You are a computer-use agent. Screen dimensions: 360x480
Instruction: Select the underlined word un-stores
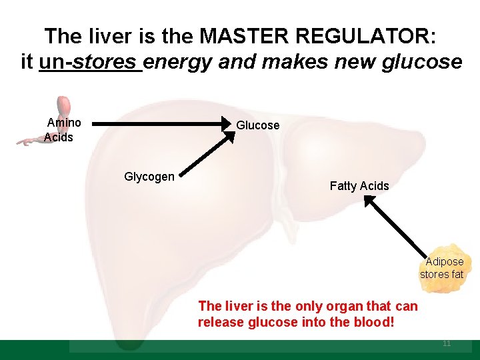91,63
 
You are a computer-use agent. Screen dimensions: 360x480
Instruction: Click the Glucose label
258,125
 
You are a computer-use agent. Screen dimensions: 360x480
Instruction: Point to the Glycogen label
149,177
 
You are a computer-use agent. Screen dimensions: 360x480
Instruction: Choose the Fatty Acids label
359,186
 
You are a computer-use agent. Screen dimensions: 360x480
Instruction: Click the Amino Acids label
62,130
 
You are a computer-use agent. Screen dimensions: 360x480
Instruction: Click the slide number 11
447,344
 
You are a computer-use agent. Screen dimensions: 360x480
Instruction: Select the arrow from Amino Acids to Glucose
163,123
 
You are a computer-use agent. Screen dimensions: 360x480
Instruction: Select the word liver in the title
109,36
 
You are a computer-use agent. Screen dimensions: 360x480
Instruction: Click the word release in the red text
220,323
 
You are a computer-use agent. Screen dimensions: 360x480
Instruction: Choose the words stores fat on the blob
441,274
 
